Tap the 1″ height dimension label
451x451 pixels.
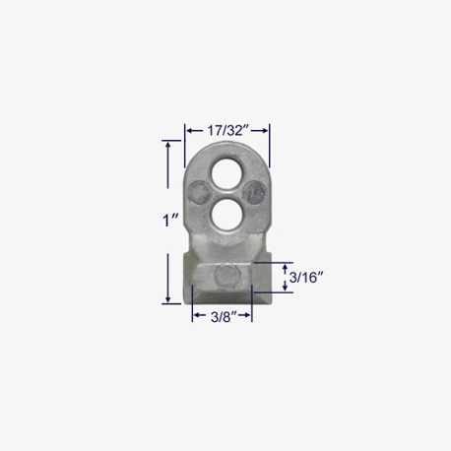click(170, 220)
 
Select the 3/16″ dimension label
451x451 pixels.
click(306, 278)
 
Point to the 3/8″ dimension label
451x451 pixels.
click(224, 317)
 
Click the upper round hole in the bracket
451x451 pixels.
click(226, 173)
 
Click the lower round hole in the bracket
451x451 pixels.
click(226, 214)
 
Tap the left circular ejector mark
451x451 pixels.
click(200, 193)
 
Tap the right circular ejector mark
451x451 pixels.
click(254, 193)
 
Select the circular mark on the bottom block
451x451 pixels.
click(225, 275)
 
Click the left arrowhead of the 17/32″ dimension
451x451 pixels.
click(189, 131)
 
